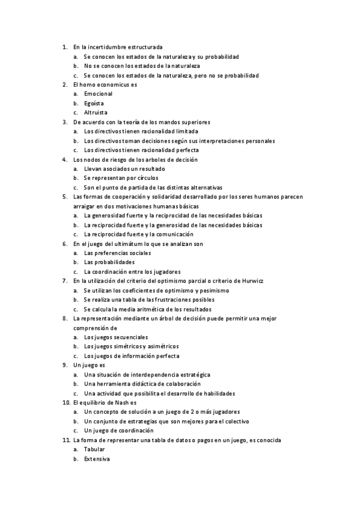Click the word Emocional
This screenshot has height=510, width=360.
(x=98, y=94)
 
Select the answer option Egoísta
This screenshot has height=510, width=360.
(x=94, y=103)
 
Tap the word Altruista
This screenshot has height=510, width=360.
(x=96, y=112)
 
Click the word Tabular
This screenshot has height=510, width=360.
(x=94, y=449)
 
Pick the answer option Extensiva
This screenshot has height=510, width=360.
(x=97, y=459)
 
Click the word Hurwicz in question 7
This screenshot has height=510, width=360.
(x=253, y=281)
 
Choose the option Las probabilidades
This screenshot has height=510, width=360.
(x=109, y=262)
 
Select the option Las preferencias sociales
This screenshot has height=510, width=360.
(x=118, y=253)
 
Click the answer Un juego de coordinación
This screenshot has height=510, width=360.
(x=119, y=431)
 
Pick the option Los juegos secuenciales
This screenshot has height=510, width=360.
(x=116, y=337)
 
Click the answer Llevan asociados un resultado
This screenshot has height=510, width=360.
(x=124, y=169)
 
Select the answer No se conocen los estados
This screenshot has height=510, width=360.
(x=142, y=66)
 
